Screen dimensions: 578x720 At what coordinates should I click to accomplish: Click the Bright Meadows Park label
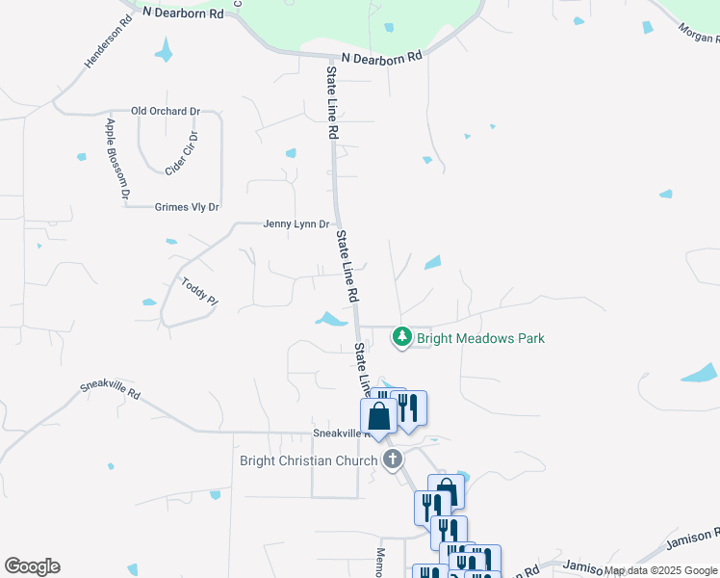coord(480,338)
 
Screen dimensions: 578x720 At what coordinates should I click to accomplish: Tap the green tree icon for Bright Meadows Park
coord(401,337)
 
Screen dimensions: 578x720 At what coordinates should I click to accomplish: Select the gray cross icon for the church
coord(392,460)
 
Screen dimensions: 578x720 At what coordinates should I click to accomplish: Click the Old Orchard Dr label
coord(166,112)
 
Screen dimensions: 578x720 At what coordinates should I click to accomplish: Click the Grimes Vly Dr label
coord(187,207)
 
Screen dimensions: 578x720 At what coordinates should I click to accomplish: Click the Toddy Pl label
coord(199,292)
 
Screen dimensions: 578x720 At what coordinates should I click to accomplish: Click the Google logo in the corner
coord(32,566)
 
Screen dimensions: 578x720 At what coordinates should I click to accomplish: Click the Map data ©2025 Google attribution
coord(660,571)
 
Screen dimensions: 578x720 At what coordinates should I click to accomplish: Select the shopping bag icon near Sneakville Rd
coord(379,417)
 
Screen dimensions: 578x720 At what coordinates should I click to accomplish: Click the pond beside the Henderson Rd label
coord(166,50)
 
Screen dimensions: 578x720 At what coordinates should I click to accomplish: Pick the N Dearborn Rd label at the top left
coord(182,13)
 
